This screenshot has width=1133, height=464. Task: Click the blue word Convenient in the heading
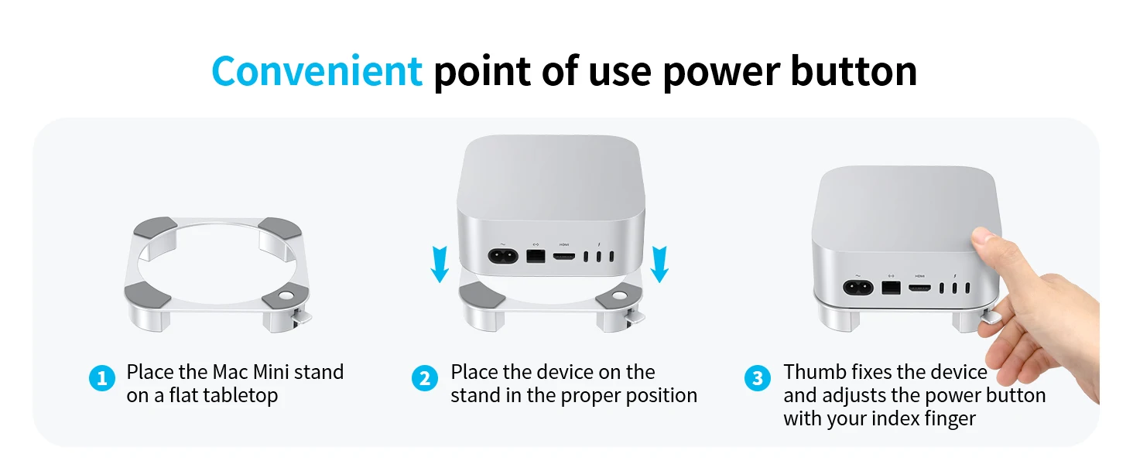pos(317,71)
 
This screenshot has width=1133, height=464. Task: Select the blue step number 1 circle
pos(101,378)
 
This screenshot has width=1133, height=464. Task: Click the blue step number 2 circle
pos(424,378)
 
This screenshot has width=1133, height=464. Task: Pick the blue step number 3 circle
pos(757,378)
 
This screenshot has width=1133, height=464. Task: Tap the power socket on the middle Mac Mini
pos(503,256)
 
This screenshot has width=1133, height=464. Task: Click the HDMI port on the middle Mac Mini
pos(564,257)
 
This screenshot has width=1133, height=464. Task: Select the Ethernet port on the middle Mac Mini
pos(536,256)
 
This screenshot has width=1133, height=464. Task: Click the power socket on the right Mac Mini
pos(857,288)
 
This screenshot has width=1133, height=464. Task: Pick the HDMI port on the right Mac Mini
pos(919,288)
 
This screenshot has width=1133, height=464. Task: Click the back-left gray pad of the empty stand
pos(156,228)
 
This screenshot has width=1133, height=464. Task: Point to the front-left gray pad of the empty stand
pos(147,295)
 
